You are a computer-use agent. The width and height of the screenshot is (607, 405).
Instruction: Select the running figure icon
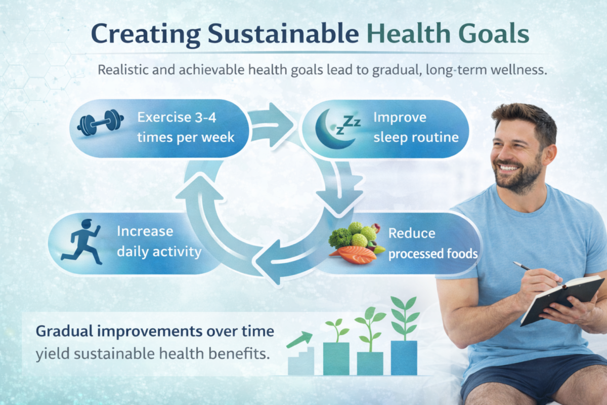(82, 241)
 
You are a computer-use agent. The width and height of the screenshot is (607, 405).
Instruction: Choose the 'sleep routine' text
(416, 137)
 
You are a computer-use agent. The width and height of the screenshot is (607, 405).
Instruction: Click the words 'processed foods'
(432, 253)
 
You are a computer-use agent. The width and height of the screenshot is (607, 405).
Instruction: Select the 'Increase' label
(145, 231)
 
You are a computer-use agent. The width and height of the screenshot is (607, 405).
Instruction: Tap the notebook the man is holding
(561, 299)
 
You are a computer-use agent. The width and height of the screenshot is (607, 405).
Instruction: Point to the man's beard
(516, 177)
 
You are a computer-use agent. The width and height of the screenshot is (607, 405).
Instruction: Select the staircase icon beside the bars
(300, 360)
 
